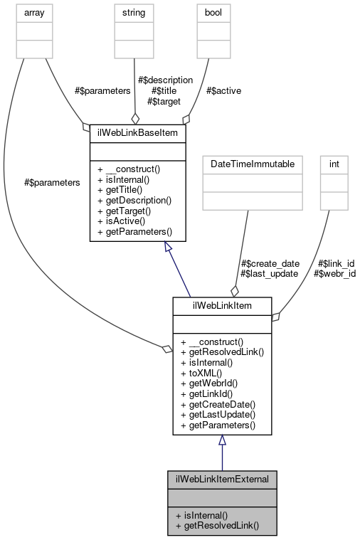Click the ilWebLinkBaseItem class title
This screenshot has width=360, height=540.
(137, 133)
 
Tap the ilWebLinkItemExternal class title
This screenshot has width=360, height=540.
(221, 479)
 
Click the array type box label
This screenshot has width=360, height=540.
(30, 12)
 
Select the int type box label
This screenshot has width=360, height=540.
(333, 164)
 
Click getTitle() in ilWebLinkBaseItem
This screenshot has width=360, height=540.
(118, 190)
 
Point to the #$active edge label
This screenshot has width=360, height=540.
(221, 91)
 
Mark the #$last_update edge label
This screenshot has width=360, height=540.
(270, 273)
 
